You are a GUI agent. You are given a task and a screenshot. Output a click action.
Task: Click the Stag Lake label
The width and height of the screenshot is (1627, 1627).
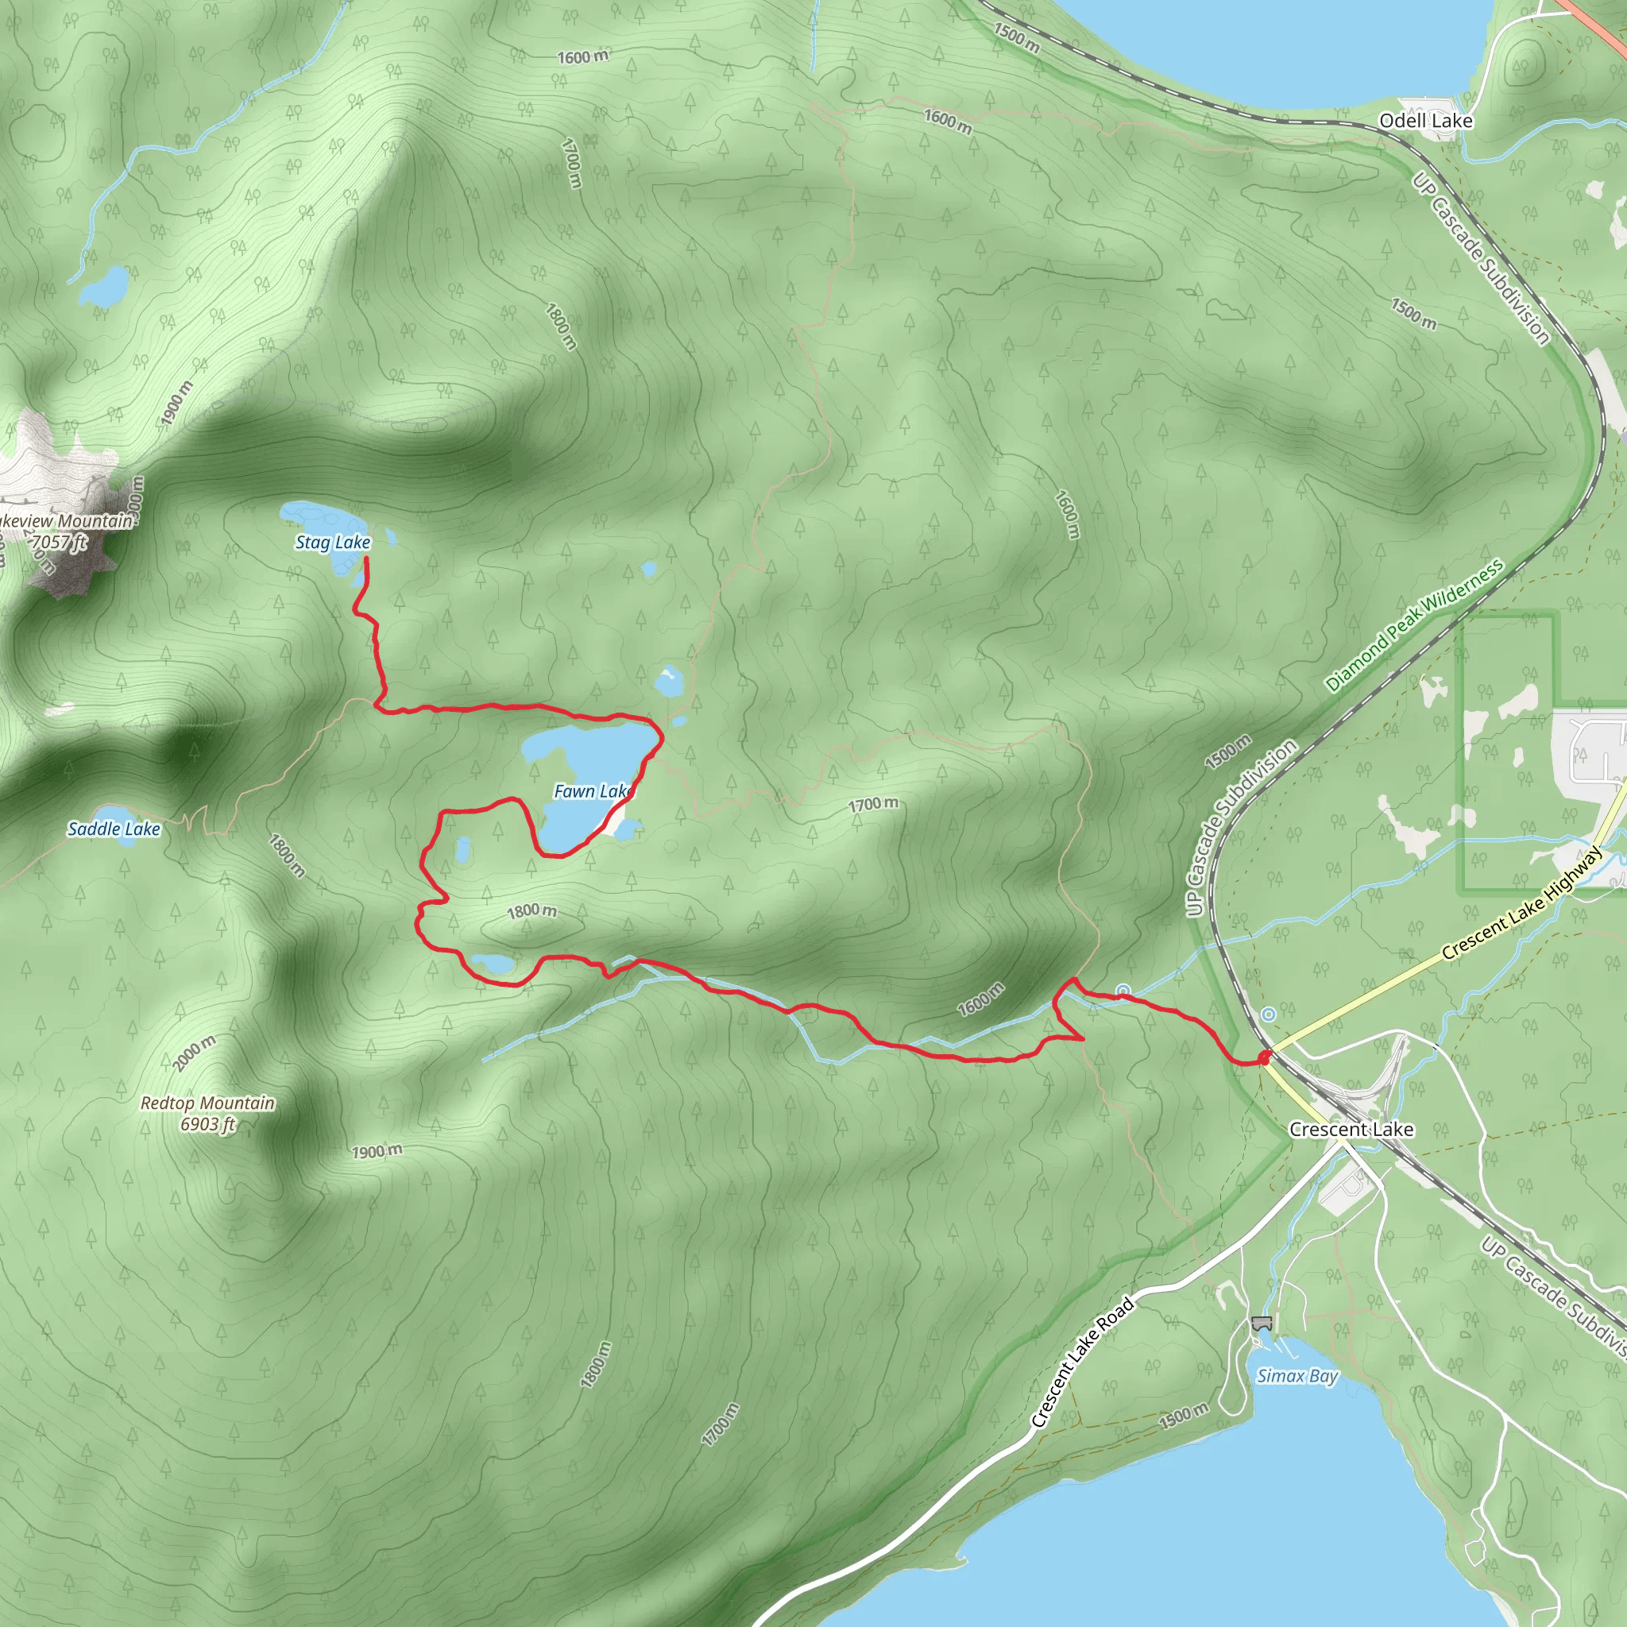click(x=333, y=543)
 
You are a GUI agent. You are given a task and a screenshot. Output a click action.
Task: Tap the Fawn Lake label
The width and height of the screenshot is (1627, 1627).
click(x=593, y=791)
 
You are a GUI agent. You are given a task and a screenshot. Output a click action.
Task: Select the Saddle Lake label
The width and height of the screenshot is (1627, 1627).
click(x=114, y=829)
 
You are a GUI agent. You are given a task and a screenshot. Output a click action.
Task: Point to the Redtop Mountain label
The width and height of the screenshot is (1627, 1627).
click(x=207, y=1103)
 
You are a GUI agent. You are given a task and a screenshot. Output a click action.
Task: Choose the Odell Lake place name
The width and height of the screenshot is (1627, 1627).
click(x=1425, y=122)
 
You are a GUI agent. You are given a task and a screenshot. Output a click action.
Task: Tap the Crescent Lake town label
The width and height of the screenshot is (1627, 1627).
click(x=1351, y=1130)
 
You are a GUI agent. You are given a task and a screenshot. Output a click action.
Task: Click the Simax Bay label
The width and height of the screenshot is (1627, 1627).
click(x=1297, y=1376)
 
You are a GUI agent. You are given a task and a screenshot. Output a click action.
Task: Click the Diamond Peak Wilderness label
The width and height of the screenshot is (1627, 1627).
click(x=1414, y=625)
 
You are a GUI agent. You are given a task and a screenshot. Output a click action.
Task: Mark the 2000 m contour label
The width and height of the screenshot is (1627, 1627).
click(x=194, y=1053)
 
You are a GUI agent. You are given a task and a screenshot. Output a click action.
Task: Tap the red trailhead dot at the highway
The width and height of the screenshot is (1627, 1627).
click(x=1264, y=1057)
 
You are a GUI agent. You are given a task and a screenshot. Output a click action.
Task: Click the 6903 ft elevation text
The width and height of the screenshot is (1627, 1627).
click(x=207, y=1124)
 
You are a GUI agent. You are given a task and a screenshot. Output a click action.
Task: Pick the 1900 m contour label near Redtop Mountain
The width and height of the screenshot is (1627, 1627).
click(x=377, y=1151)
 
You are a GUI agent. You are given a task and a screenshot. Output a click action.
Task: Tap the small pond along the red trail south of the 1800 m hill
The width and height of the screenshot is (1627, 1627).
click(x=492, y=963)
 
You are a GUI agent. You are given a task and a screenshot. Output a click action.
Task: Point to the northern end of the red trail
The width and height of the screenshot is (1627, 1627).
click(x=366, y=558)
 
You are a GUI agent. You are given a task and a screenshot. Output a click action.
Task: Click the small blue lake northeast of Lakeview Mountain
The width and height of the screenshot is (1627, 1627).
click(x=104, y=286)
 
